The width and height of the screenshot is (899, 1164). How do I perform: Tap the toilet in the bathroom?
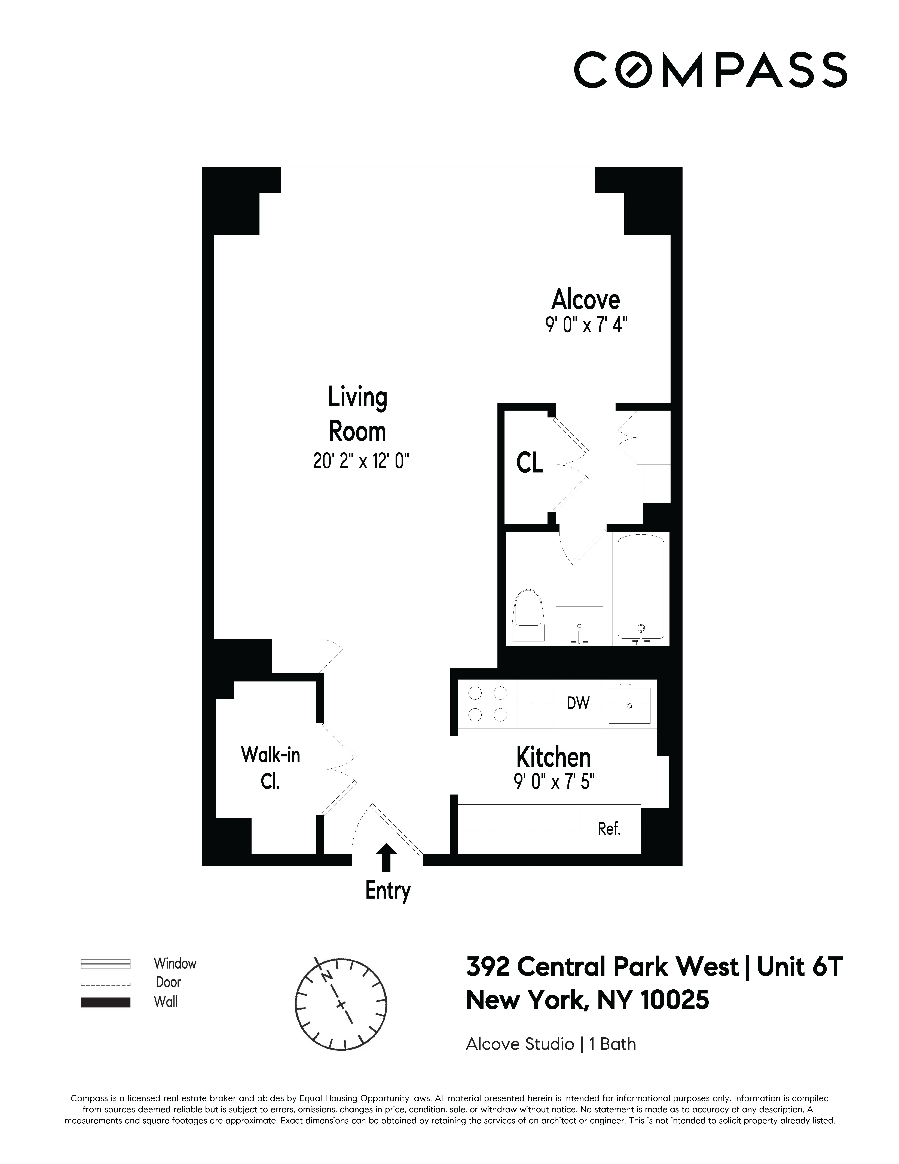(528, 616)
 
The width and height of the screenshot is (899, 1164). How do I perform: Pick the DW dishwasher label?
(578, 704)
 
